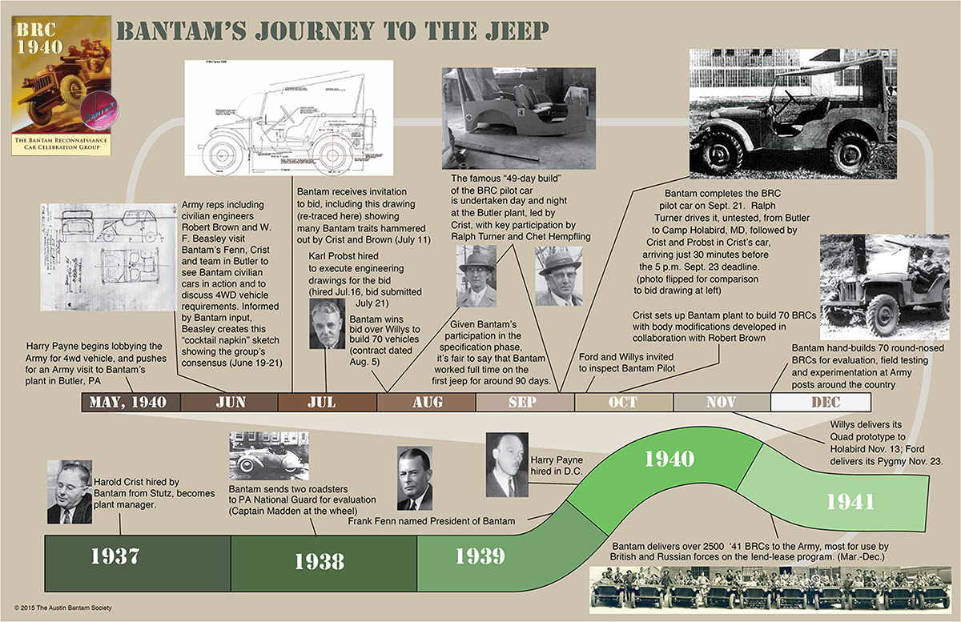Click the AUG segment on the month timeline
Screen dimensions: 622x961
tap(426, 402)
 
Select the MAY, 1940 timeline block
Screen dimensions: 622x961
tap(131, 402)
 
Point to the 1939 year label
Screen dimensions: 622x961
tap(480, 556)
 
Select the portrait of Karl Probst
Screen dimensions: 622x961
tap(327, 323)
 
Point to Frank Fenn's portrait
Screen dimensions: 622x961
tap(414, 480)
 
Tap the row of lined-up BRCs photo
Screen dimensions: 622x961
tap(770, 588)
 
